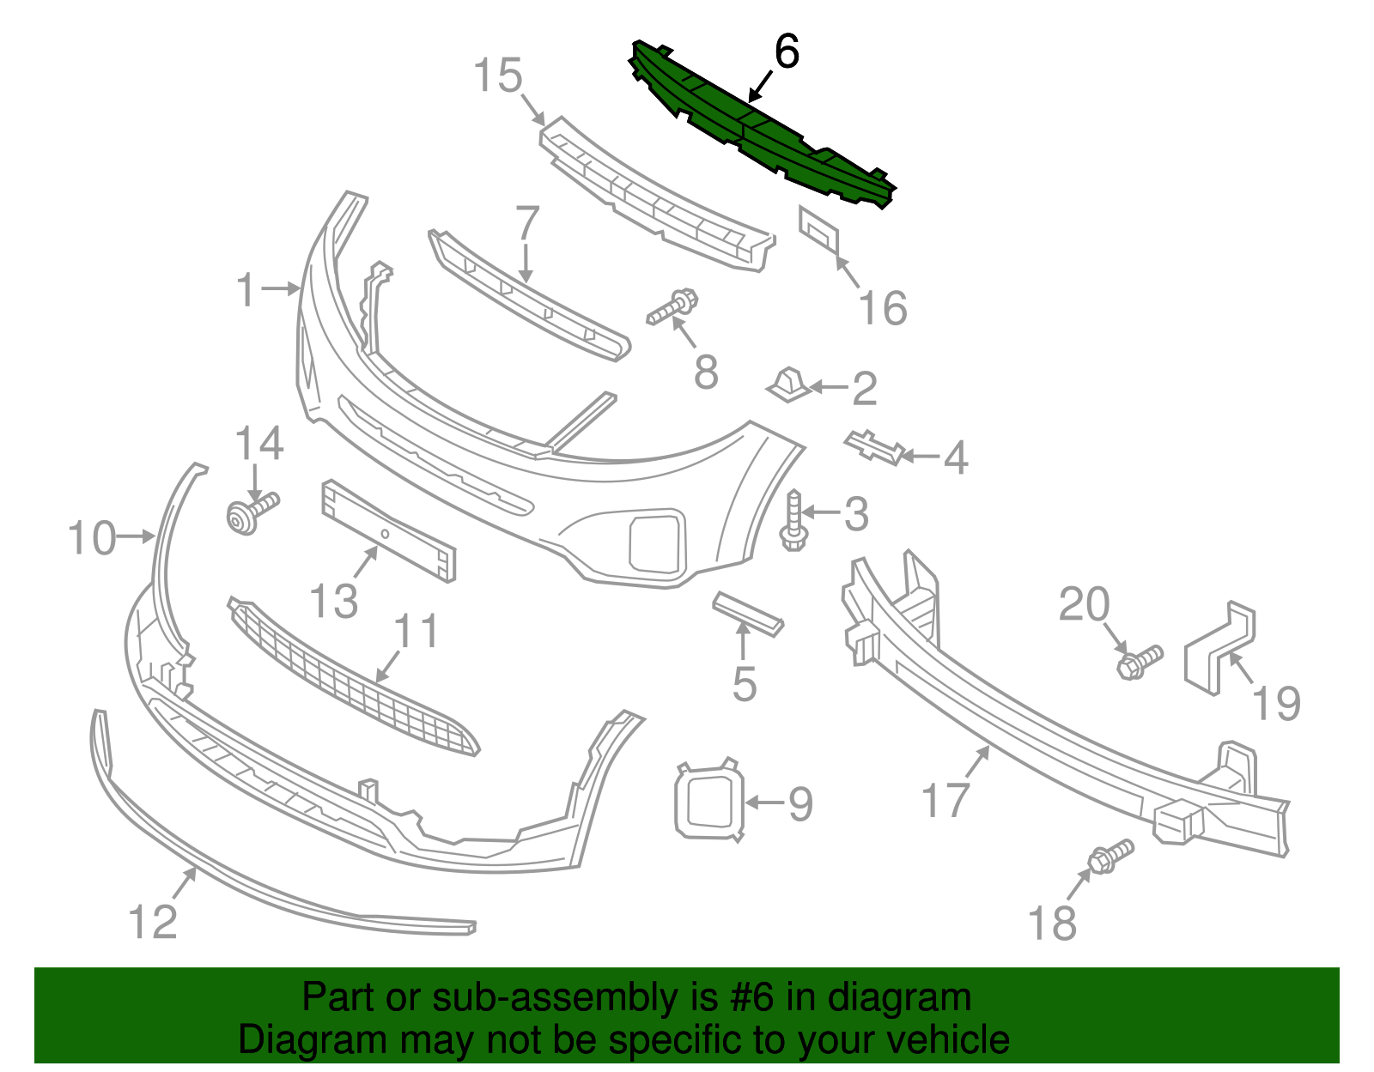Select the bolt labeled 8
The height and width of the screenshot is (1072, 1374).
673,308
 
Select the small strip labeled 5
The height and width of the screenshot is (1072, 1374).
747,613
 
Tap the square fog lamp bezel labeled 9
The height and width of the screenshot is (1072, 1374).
709,799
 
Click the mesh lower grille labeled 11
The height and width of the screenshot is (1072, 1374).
352,678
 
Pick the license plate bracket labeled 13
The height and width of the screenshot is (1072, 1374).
388,532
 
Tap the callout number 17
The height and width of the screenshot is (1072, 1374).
945,800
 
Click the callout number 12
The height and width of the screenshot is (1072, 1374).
153,922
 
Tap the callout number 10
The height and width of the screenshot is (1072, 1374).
91,538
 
